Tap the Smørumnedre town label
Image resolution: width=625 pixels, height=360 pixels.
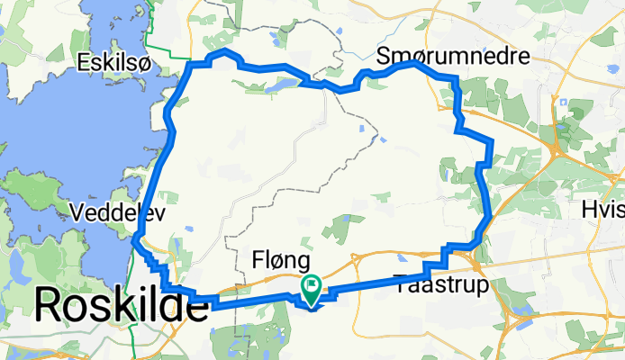tap(454, 56)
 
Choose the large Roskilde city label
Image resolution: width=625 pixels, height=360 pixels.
tap(121, 307)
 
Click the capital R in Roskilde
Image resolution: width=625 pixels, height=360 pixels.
tap(51, 307)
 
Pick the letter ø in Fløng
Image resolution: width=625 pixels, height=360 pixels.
tap(276, 262)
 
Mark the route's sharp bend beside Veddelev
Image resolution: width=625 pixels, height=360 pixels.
tap(134, 238)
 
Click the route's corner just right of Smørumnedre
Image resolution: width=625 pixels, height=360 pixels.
tap(456, 79)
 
